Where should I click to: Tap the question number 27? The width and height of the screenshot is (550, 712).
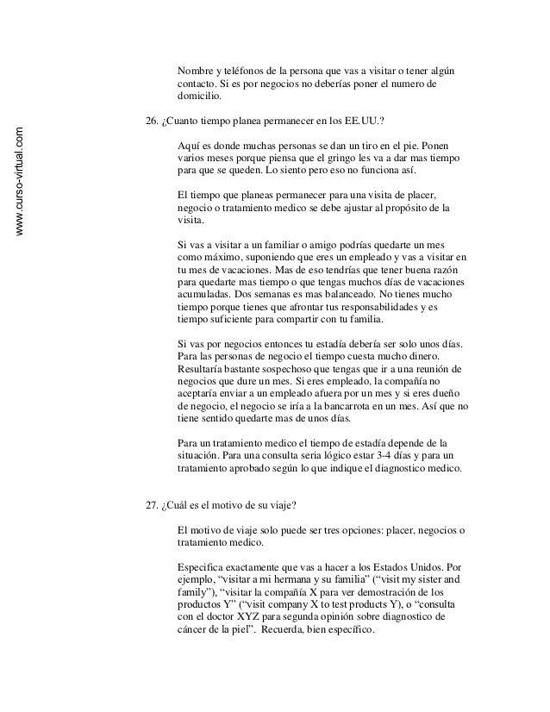click(x=154, y=505)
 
